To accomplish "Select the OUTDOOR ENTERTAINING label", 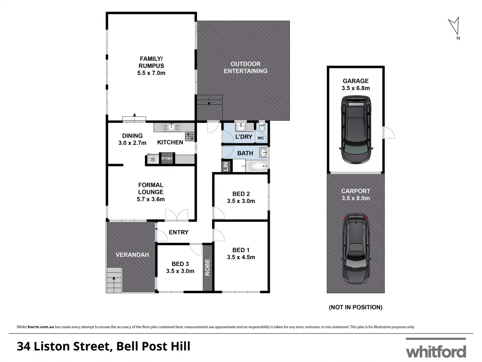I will (245, 67).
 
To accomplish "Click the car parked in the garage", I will (355, 129).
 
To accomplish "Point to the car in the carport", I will (355, 248).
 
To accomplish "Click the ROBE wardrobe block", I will (208, 267).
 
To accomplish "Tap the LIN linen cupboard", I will (226, 166).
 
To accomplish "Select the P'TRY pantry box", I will (167, 159).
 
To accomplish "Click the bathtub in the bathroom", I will (257, 166).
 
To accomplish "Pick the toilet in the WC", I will (262, 127).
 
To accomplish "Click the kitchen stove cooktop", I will (190, 136).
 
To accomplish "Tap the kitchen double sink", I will (171, 127).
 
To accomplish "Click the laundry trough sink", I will (240, 127).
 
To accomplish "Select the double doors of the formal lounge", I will (176, 215).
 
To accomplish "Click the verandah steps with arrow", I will (114, 280).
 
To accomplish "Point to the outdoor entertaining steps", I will (209, 101).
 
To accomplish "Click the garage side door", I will (389, 133).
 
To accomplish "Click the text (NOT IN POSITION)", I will (355, 307).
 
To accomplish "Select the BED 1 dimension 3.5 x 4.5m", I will (241, 257).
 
